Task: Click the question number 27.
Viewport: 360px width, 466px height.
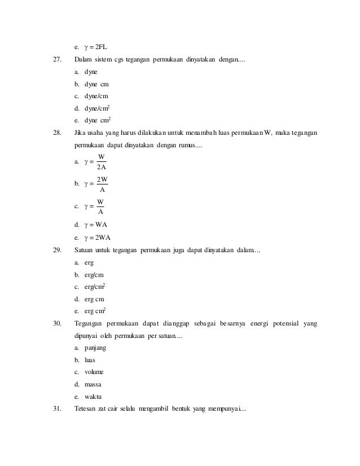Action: tap(56, 60)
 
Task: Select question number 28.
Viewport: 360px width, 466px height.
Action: tap(56, 133)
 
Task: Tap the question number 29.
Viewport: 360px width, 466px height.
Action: tap(56, 249)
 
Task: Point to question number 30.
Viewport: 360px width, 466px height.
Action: tap(56, 323)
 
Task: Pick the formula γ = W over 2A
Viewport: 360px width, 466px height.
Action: tap(94, 162)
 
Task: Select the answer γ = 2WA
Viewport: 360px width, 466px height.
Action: tap(99, 236)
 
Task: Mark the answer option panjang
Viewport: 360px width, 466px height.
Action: tap(95, 348)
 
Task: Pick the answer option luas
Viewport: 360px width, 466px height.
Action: tap(89, 360)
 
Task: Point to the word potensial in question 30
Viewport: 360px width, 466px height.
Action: tap(285, 323)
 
